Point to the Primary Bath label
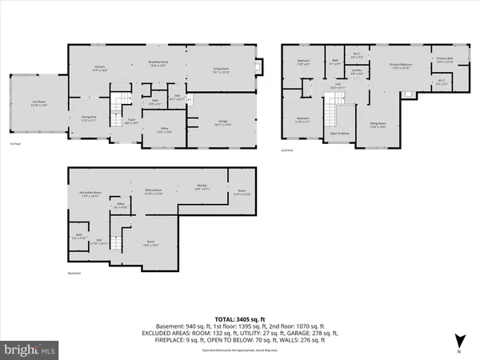pos(445,60)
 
